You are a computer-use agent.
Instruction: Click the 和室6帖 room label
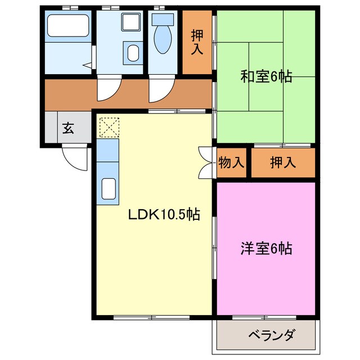point(266,76)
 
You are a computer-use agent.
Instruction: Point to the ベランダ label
point(271,336)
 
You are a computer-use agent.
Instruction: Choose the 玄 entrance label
point(67,128)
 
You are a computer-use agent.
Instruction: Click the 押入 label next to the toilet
point(197,42)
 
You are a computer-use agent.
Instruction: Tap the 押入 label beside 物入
point(282,163)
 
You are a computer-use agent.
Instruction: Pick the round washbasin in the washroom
point(133,54)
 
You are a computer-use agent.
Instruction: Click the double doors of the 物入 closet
point(205,163)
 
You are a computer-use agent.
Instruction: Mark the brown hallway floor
point(67,93)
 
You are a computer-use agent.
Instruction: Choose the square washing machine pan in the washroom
point(131,24)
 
